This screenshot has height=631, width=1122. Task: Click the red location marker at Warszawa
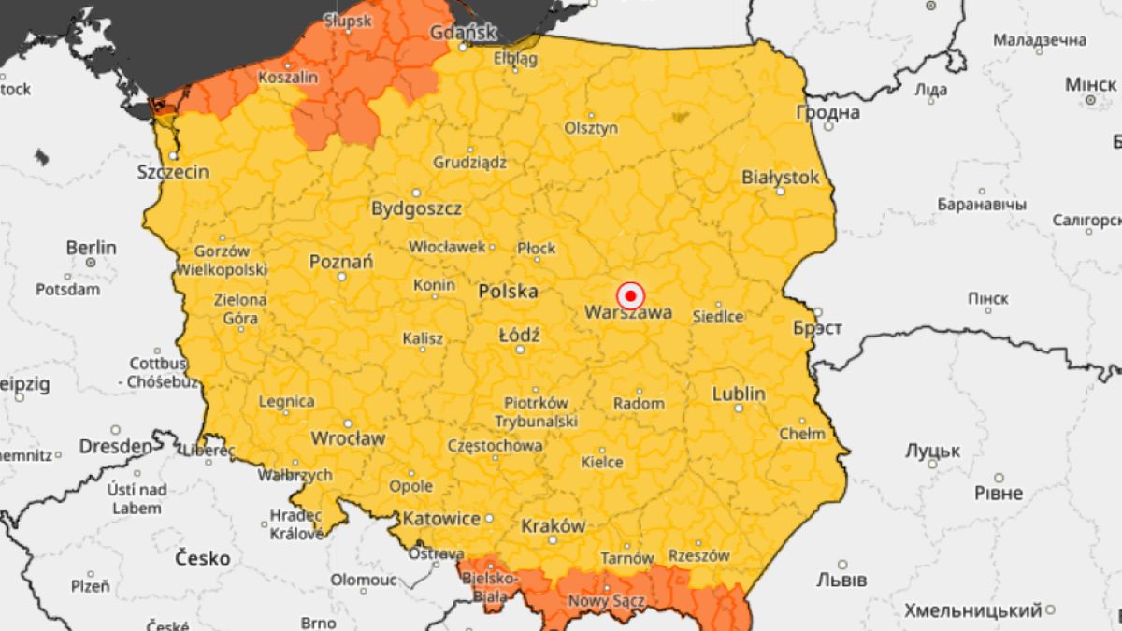(631, 296)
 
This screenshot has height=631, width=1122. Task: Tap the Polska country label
(508, 292)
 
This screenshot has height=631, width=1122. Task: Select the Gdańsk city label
(462, 33)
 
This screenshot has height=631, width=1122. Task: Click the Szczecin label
(173, 172)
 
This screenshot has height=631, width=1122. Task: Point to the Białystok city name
(780, 177)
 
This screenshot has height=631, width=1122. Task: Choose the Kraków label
(554, 525)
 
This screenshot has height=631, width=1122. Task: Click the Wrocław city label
(348, 437)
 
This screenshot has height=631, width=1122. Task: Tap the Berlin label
(92, 248)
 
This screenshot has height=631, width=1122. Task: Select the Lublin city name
(739, 394)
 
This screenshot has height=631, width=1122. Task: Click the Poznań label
(341, 262)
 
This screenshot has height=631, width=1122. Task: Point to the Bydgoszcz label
(416, 208)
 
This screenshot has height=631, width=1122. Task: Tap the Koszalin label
(288, 78)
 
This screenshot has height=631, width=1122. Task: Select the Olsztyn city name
(591, 128)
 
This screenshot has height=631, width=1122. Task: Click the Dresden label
(115, 446)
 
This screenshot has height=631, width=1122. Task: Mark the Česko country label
(203, 558)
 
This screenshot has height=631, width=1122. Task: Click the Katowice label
(441, 518)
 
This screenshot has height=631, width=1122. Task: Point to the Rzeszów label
(698, 555)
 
